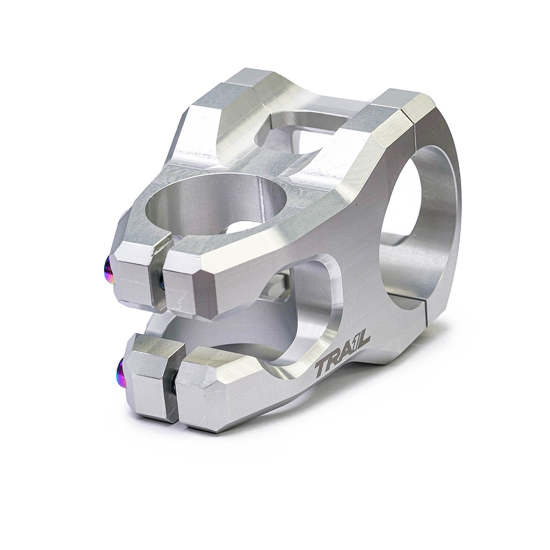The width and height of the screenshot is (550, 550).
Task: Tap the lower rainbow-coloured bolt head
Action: pyautogui.click(x=121, y=371)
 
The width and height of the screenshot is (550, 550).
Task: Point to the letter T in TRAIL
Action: pyautogui.click(x=322, y=369)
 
